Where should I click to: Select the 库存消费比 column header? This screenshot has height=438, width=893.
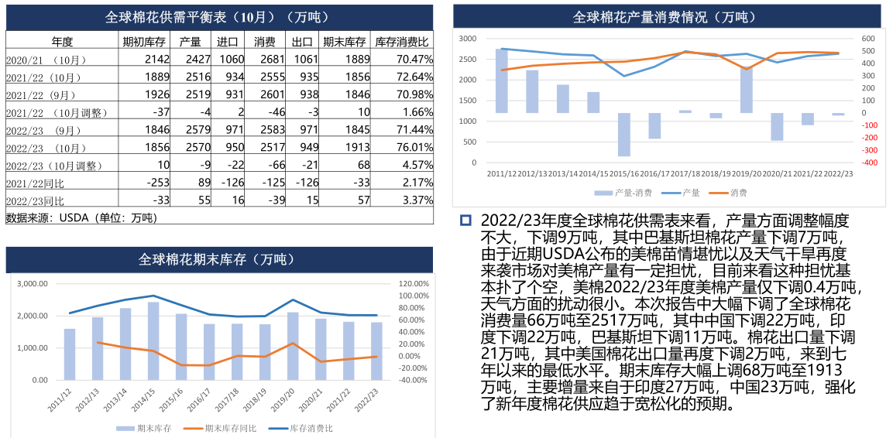[402, 42]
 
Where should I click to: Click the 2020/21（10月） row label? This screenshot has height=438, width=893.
[46, 60]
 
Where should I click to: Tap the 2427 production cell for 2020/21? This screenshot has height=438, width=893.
[194, 60]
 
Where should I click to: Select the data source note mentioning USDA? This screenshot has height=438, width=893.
[81, 217]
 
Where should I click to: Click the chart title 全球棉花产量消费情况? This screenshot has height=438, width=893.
[665, 16]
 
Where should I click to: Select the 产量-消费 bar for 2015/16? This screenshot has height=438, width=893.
[623, 135]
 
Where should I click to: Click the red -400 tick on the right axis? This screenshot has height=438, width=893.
[869, 163]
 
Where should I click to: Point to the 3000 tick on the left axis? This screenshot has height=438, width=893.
[467, 39]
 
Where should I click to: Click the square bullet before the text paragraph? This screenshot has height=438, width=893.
[465, 221]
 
